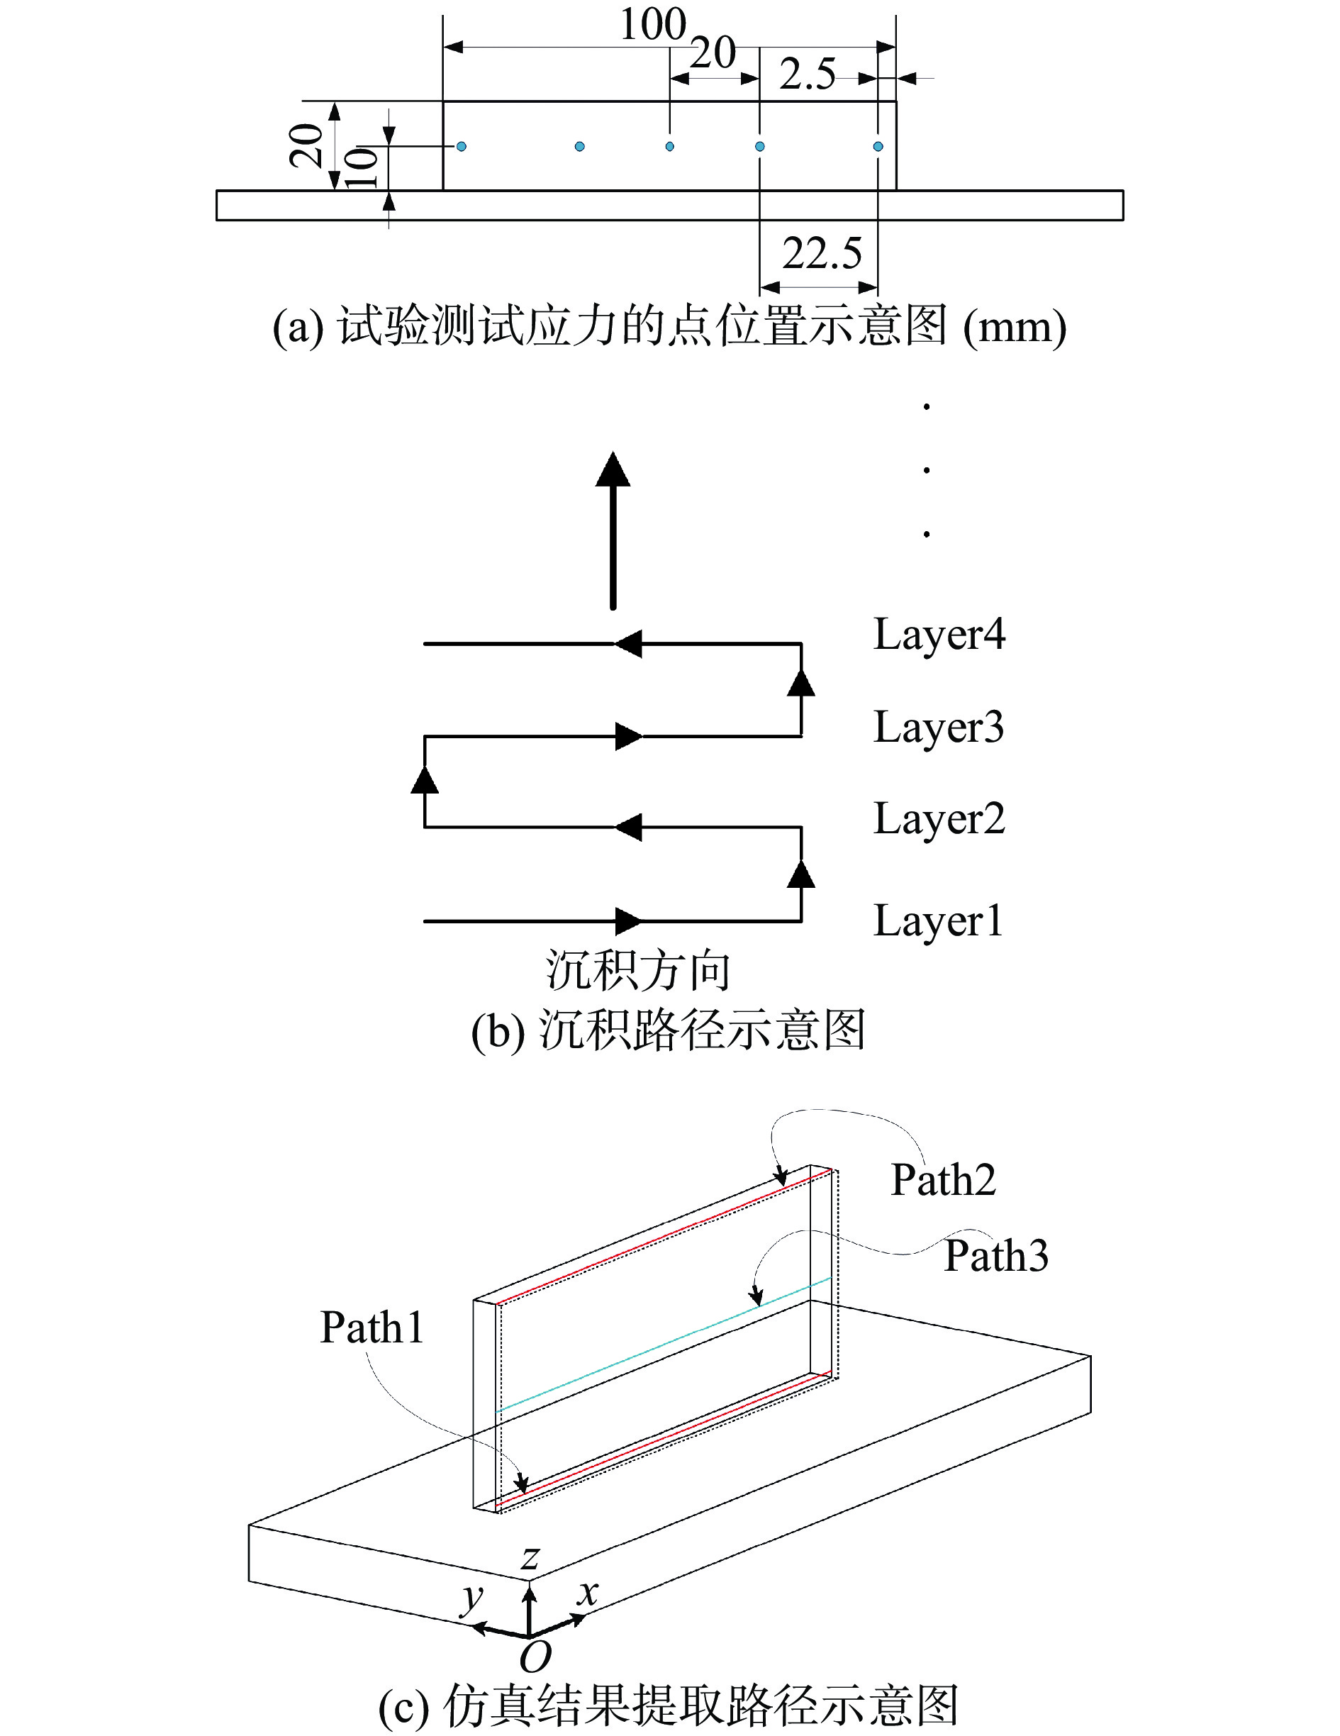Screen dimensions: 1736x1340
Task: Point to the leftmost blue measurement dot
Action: coord(461,146)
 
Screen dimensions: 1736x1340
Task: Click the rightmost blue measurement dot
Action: coord(878,146)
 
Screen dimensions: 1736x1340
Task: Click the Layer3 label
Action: coord(938,728)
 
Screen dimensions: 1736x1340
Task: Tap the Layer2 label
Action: coord(939,820)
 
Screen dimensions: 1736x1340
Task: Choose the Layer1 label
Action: coord(937,922)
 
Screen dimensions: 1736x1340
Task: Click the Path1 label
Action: coord(372,1328)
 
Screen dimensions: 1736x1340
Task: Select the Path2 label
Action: coord(943,1179)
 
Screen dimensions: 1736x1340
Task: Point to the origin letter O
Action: coord(535,1657)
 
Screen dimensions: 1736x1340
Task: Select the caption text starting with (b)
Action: coord(668,1031)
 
